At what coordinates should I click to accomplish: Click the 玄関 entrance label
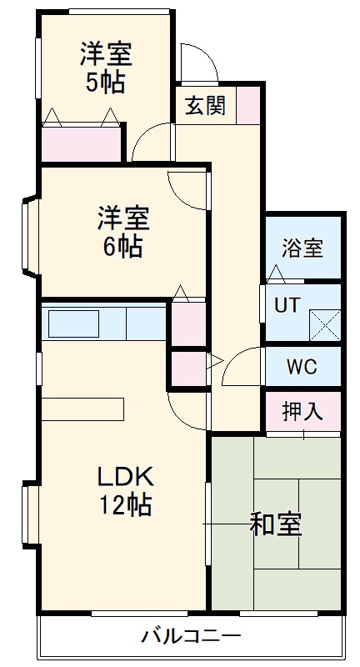click(x=205, y=106)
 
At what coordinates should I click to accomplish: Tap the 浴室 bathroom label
click(x=302, y=248)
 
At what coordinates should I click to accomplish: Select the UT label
click(x=287, y=305)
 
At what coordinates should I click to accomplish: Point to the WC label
click(x=301, y=366)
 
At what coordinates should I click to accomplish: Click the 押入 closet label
click(x=302, y=411)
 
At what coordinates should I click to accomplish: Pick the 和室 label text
click(x=276, y=524)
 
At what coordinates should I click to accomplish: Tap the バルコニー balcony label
click(x=191, y=639)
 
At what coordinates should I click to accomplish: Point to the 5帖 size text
click(x=106, y=83)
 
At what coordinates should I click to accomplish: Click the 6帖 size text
click(x=123, y=247)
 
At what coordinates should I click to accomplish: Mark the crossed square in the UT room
click(x=325, y=323)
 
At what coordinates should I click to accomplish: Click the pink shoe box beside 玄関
click(x=247, y=105)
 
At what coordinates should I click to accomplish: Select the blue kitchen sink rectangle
click(x=73, y=323)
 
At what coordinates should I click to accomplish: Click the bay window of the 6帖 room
click(x=29, y=237)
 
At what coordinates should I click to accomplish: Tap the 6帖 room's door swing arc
click(x=187, y=191)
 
